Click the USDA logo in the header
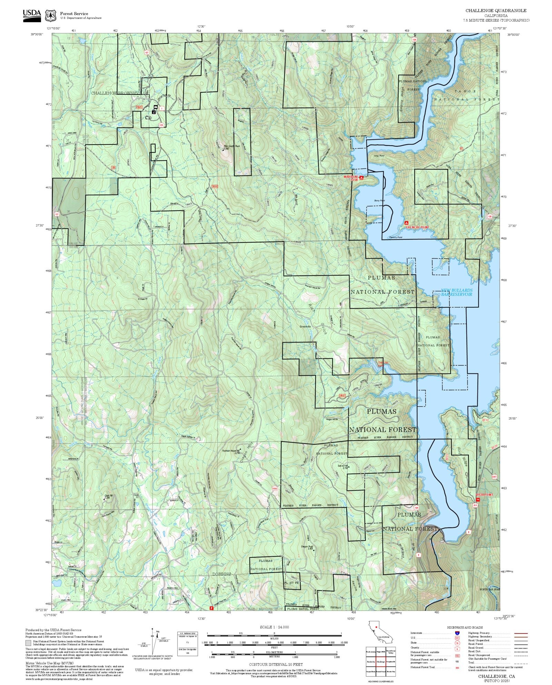(x=32, y=16)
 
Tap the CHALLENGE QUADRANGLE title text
(x=496, y=11)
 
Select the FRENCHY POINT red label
(x=417, y=227)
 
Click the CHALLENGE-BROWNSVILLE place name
(x=120, y=93)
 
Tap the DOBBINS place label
(x=221, y=574)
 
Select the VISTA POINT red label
(x=484, y=495)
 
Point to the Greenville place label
(x=305, y=326)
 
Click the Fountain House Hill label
(x=231, y=451)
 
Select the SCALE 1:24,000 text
(x=274, y=627)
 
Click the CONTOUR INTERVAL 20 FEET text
(x=276, y=664)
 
